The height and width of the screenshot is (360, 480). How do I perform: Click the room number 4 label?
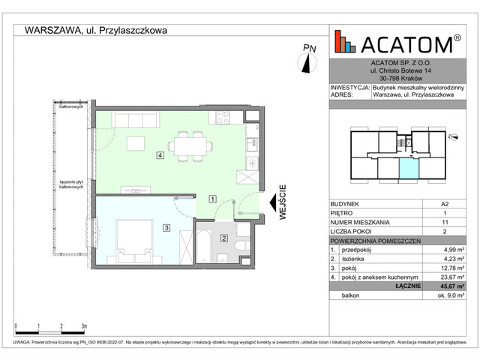[x=160, y=155]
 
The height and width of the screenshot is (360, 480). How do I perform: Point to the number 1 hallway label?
[x=213, y=199]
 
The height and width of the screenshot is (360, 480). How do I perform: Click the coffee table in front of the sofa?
[x=136, y=143]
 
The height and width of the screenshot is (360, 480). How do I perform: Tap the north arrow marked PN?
[x=307, y=63]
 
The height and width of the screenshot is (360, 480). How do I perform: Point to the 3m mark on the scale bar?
[x=83, y=327]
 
